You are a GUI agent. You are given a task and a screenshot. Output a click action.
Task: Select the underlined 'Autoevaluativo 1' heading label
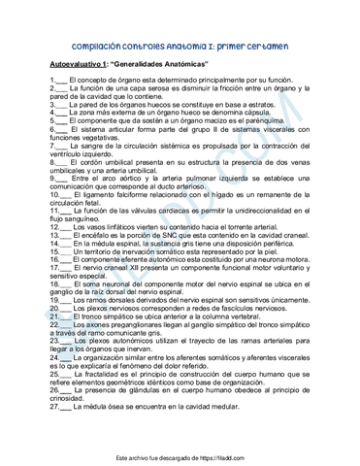(x=80, y=64)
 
